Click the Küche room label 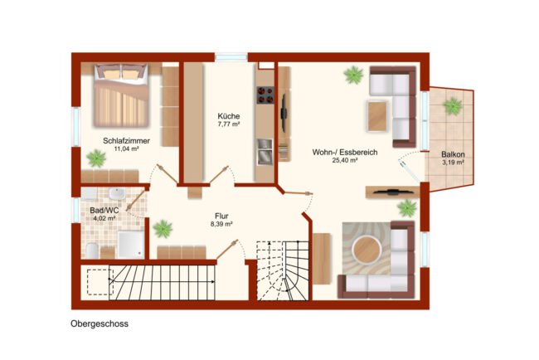point(229,116)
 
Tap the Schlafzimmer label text point(127,141)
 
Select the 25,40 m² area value point(345,160)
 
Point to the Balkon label point(453,154)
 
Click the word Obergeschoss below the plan point(100,324)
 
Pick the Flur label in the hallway point(221,216)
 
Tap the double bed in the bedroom point(121,95)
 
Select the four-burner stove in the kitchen point(265,95)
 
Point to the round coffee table point(367,250)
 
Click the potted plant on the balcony point(453,106)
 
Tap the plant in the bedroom point(96,158)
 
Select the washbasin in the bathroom point(118,194)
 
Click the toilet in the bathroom point(92,251)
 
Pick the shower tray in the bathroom point(131,245)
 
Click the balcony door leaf point(409,170)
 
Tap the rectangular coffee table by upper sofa point(377,116)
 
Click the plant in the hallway point(163,229)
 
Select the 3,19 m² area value point(453,163)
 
